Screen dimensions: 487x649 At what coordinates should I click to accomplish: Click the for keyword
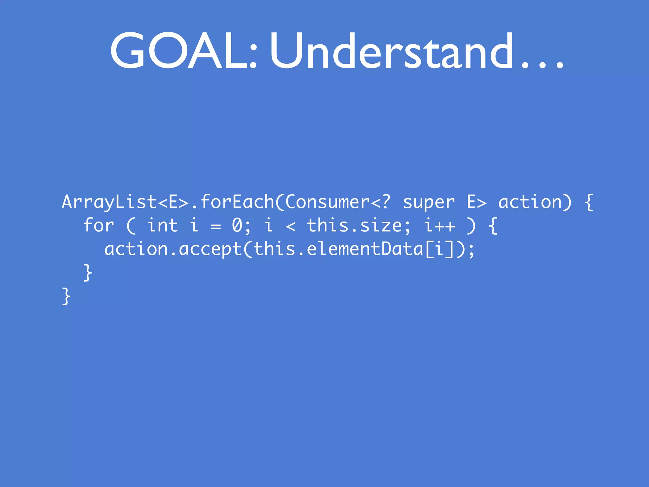99,226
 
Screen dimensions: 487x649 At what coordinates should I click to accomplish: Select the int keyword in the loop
163,226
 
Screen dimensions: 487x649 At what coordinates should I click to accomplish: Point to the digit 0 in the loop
237,226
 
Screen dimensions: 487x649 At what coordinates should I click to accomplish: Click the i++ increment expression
440,226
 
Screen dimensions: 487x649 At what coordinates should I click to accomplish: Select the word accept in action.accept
210,249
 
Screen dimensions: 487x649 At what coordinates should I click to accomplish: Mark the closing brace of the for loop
87,273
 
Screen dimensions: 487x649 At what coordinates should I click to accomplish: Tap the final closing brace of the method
66,296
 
